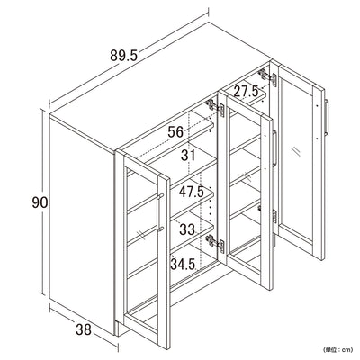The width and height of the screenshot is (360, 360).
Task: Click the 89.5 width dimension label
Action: pos(123,56)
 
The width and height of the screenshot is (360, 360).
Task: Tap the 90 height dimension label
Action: pos(40,202)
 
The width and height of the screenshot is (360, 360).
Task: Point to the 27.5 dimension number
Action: pos(246,91)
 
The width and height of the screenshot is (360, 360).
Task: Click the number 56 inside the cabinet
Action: pos(175,131)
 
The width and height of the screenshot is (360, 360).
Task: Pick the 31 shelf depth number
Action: pos(188,156)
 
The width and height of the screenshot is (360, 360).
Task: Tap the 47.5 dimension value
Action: pos(192,192)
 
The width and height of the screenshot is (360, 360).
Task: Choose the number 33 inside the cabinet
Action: pos(187,229)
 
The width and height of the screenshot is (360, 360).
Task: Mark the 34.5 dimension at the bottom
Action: pos(183,264)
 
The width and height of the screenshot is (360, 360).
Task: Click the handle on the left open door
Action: pos(159,212)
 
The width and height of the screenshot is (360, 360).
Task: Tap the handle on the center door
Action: pos(274,148)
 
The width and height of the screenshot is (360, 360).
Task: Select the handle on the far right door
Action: pos(327,117)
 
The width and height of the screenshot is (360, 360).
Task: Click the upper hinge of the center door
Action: pos(215,108)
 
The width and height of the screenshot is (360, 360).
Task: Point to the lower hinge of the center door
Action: pos(215,242)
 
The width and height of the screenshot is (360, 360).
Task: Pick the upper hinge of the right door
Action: pos(268,77)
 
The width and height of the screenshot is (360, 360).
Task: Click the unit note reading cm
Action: pos(337,349)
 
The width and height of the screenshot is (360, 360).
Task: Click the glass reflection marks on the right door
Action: pos(295,151)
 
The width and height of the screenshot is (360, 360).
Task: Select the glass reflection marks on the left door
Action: pos(139,233)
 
